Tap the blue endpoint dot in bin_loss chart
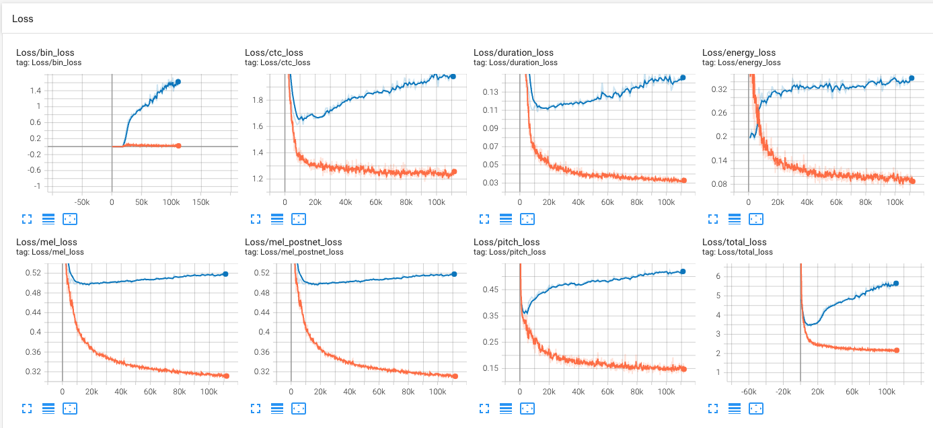(178, 82)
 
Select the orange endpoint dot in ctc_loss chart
(453, 172)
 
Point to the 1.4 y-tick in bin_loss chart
(35, 91)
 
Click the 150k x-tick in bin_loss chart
(201, 202)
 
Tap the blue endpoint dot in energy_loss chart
(911, 78)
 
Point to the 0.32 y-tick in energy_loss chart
(718, 89)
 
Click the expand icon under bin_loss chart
(27, 218)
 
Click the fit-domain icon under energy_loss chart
(756, 218)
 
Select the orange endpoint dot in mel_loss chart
(226, 376)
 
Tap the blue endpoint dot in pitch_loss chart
(683, 271)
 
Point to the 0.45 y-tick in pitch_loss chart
(490, 289)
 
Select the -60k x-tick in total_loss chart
(749, 391)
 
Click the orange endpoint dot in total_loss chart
(897, 350)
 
